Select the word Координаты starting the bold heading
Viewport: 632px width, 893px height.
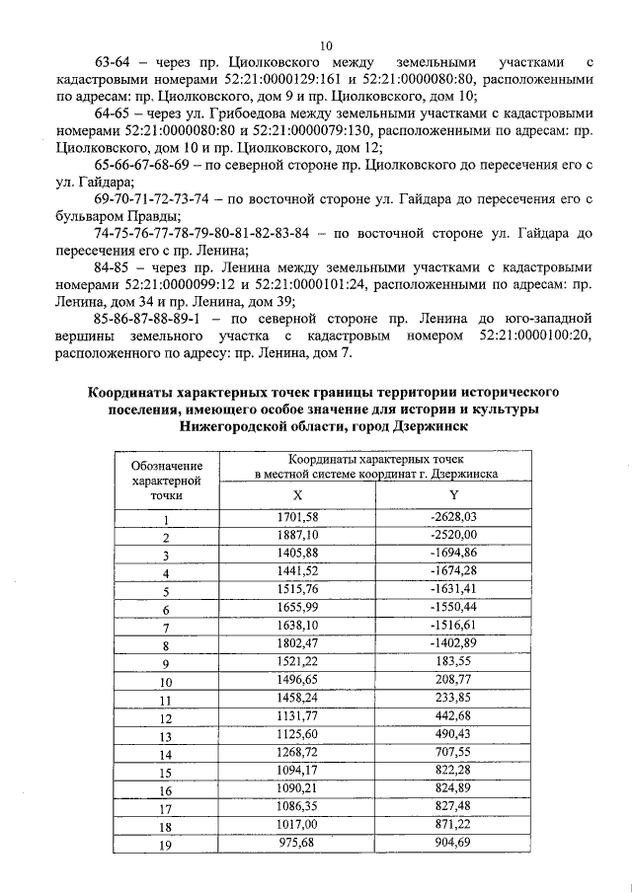(134, 392)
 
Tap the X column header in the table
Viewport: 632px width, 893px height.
(297, 494)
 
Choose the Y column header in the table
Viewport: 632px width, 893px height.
(453, 494)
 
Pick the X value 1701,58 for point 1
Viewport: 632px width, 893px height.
(297, 517)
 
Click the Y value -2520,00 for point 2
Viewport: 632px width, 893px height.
(453, 535)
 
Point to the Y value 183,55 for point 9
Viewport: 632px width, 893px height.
(453, 662)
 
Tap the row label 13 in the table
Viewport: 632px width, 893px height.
(167, 736)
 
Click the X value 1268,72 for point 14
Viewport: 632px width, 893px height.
(297, 753)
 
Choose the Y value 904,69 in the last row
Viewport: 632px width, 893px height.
(453, 844)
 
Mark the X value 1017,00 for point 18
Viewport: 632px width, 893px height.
(297, 826)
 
